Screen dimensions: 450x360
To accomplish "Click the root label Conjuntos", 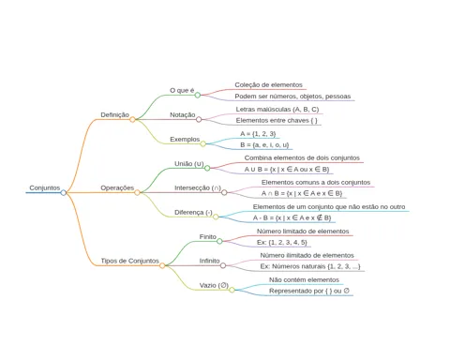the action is [45, 187].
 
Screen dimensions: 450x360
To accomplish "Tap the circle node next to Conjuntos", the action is [64, 192].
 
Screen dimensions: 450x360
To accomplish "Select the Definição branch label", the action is [114, 114].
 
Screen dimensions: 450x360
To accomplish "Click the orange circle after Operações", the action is [137, 192].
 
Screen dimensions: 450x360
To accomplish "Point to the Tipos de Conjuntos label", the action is [129, 261].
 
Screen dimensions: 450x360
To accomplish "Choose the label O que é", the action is [182, 90].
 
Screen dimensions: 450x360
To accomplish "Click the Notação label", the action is [183, 114].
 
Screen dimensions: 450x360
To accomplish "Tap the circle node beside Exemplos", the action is [203, 143].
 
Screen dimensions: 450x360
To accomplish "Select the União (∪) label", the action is [189, 164].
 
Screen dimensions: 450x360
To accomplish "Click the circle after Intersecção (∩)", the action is [224, 192].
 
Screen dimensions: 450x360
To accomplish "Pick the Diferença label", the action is [193, 212].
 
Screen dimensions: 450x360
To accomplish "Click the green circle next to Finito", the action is [219, 241].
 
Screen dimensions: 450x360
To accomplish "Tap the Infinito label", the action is [209, 261].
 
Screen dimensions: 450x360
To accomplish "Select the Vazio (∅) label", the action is [214, 285].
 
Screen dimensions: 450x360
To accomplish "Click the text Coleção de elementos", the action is [269, 84].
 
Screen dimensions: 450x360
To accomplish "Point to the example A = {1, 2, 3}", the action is [258, 134].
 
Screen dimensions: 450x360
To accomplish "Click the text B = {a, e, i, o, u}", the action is [264, 144].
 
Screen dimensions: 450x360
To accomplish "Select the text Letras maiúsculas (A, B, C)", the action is [277, 110].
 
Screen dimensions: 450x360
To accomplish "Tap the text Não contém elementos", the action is [304, 279].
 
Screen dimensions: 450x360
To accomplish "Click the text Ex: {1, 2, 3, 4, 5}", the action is [282, 242].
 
